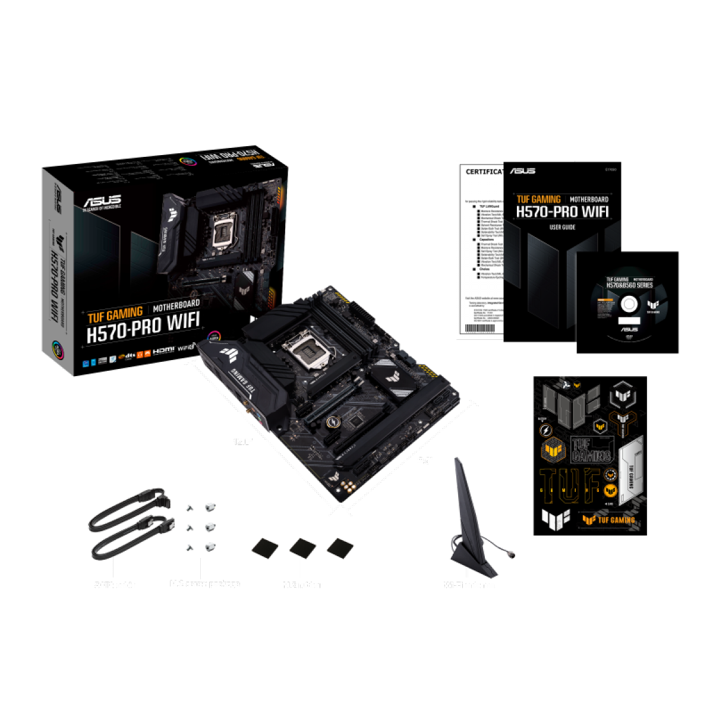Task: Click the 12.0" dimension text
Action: [x=242, y=442]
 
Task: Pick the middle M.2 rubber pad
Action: [x=302, y=547]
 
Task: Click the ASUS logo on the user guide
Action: [x=522, y=171]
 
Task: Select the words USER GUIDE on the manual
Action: [x=562, y=228]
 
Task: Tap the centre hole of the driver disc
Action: [x=628, y=305]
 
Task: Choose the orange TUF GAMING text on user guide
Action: [x=538, y=200]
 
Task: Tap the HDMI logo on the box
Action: [x=164, y=351]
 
